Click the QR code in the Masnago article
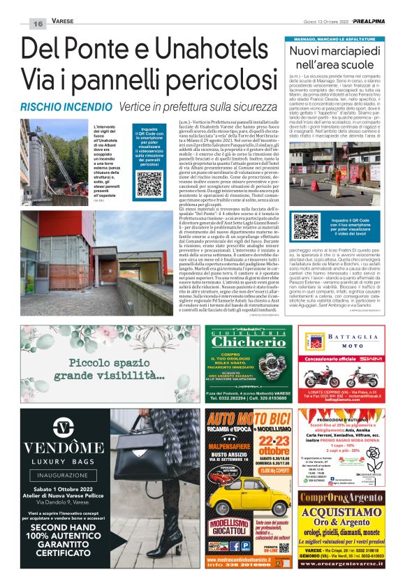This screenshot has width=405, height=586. coord(306,226)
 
